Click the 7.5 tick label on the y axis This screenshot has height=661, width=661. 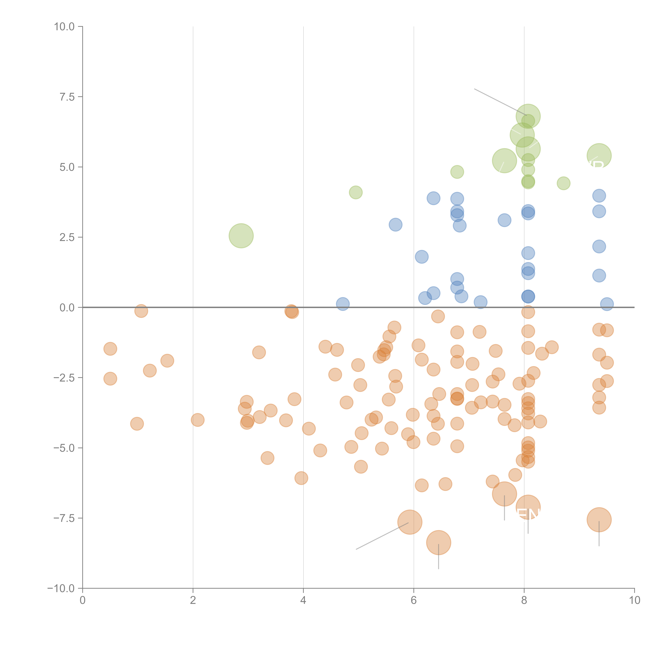(x=67, y=97)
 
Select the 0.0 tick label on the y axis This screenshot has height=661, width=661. (x=67, y=308)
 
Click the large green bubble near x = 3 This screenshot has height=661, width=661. (x=241, y=236)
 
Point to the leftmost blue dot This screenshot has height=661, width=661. (x=343, y=304)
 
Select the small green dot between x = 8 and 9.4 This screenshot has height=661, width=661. (x=563, y=183)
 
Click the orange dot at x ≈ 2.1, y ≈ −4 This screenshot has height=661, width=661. (x=197, y=420)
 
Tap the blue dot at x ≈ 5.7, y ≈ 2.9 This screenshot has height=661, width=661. (x=396, y=225)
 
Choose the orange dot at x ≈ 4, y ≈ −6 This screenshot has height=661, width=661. (x=301, y=478)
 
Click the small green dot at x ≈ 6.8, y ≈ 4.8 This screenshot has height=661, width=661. (x=457, y=172)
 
